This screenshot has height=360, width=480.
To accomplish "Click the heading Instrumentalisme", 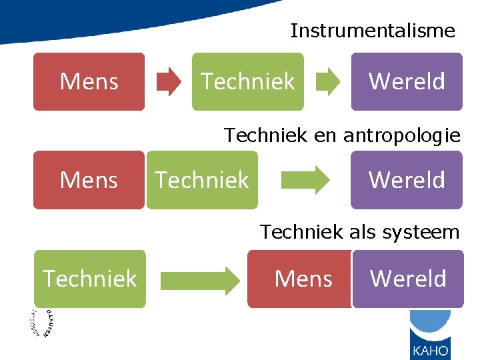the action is click(373, 31).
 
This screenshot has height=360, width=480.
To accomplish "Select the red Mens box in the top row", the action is click(89, 81).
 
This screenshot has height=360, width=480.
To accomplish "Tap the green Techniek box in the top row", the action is click(247, 81).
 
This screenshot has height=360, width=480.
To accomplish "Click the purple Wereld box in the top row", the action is click(407, 81).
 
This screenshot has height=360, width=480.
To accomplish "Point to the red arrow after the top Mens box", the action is click(168, 81).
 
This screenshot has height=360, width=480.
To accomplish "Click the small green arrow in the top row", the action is click(327, 81).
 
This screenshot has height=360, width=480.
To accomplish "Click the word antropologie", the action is click(401, 136).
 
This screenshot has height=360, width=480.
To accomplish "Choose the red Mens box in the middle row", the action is click(89, 180).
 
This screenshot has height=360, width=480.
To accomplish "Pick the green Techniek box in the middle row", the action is click(201, 180).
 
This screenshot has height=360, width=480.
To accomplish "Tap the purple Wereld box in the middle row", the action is click(407, 180).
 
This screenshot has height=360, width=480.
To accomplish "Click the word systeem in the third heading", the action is click(427, 232).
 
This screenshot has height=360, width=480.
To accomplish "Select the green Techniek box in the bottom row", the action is click(89, 279).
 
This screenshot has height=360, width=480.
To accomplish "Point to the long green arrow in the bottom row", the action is click(199, 279).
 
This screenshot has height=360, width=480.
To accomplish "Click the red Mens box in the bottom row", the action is click(301, 279).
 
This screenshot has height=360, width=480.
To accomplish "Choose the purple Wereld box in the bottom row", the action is click(408, 279).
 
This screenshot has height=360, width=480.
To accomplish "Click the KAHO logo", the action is click(429, 336).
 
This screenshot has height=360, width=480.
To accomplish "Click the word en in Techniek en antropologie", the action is click(325, 136).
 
